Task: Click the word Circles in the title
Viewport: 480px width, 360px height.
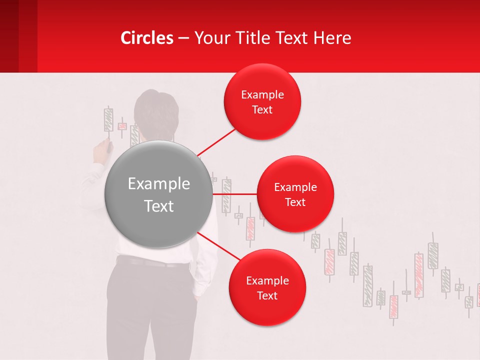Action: [x=147, y=38]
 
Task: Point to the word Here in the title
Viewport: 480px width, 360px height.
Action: [x=332, y=38]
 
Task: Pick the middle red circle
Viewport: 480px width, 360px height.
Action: [x=295, y=217]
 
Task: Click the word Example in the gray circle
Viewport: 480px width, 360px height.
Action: [x=159, y=184]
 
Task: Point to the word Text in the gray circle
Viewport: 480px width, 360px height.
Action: [x=159, y=206]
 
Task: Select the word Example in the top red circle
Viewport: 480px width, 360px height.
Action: [x=262, y=95]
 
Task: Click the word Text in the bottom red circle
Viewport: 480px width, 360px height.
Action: [x=267, y=295]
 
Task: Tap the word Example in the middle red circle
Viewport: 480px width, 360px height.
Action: [x=295, y=187]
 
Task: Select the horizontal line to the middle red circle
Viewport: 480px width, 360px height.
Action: [x=234, y=193]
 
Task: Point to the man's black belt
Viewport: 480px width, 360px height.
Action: [x=150, y=261]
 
